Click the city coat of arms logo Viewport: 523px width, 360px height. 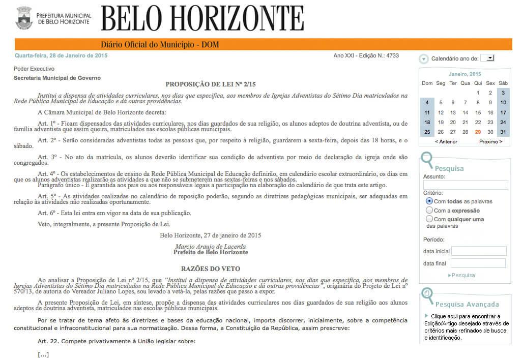(x=24, y=18)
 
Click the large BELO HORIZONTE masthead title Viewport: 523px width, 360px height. (x=202, y=18)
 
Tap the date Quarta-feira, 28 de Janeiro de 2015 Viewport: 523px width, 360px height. (x=61, y=55)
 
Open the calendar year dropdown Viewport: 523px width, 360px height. (x=488, y=58)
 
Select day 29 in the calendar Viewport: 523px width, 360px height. (x=478, y=132)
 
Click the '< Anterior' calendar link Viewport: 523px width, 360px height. (x=446, y=141)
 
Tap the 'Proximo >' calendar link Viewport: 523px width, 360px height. (x=490, y=141)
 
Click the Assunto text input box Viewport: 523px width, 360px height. (x=466, y=185)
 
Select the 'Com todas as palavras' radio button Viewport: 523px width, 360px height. (x=429, y=201)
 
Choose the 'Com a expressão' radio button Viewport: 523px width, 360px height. (x=429, y=210)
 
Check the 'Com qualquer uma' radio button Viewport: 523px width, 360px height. (x=429, y=219)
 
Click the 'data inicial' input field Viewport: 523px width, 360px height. (x=479, y=251)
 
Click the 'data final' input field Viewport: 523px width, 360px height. (x=478, y=263)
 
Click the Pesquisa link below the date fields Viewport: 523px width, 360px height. (x=462, y=275)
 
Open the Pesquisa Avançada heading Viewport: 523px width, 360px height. (x=467, y=304)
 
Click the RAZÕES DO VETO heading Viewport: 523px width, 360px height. (x=210, y=268)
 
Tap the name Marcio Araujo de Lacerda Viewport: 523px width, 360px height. (x=210, y=247)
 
